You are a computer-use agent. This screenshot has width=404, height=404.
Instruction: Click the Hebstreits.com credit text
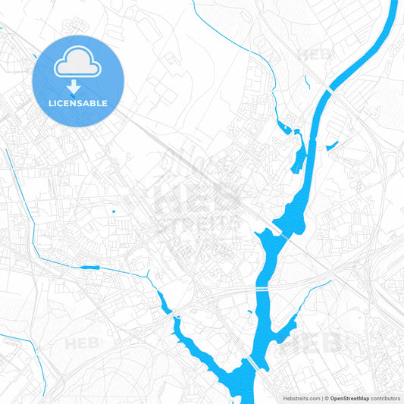300,397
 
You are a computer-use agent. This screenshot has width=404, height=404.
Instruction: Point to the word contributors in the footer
386,397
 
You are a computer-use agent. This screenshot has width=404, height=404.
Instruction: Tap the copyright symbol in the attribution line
327,397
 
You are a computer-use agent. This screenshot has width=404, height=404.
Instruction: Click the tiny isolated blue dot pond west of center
114,211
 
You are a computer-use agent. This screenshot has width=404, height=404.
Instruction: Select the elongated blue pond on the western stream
89,267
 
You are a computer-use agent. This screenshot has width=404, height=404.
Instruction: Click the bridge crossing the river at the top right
330,91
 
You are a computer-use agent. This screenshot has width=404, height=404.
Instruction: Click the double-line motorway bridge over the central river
262,290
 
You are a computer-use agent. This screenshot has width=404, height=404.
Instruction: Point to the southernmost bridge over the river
252,363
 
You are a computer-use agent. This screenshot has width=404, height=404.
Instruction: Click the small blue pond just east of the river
331,146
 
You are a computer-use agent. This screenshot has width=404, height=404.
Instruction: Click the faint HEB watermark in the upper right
312,55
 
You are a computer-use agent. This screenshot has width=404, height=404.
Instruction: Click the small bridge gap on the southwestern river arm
175,315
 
